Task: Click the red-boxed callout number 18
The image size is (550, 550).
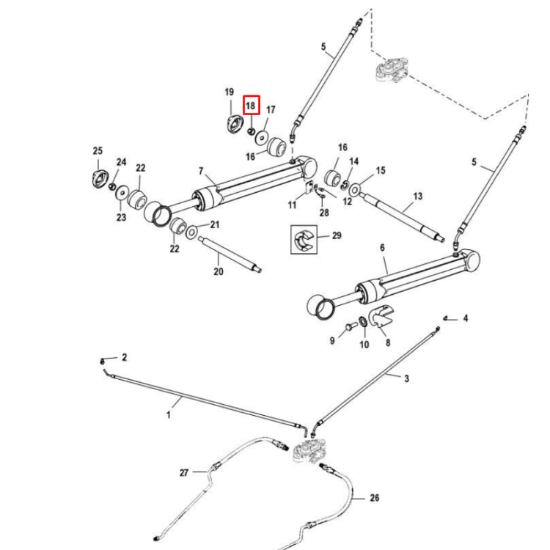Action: (x=251, y=106)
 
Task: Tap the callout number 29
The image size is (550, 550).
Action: (x=337, y=235)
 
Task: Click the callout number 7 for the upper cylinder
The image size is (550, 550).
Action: (x=200, y=171)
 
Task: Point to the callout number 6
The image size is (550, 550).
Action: (x=383, y=249)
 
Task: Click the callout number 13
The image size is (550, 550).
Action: (x=418, y=197)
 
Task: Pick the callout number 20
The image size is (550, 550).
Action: (x=218, y=272)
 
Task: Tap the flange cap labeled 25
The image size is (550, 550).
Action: (x=98, y=177)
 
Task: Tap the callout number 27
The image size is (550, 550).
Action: (x=184, y=473)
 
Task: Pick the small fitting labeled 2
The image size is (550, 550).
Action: (x=103, y=361)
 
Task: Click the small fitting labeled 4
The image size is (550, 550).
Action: (x=444, y=318)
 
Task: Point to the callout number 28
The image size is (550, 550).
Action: (x=324, y=213)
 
